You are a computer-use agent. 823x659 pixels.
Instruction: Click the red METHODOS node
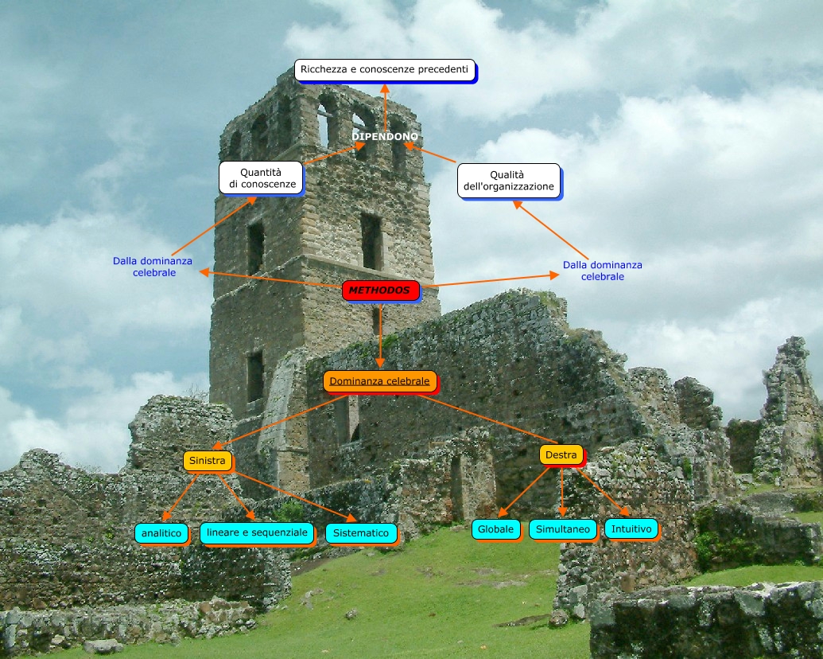coord(380,291)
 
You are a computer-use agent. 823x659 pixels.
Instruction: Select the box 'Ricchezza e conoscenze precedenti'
coord(385,70)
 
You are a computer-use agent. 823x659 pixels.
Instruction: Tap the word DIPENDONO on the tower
coord(385,137)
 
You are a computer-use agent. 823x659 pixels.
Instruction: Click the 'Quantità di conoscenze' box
coord(260,177)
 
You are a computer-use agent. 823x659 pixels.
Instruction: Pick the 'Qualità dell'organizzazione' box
coord(508,180)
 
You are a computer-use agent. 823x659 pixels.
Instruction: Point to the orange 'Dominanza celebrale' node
coord(379,381)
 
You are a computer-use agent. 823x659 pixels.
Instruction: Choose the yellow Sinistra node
coord(208,461)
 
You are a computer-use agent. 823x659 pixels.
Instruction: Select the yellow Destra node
coord(561,455)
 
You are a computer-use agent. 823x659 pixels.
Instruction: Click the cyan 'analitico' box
coord(161,532)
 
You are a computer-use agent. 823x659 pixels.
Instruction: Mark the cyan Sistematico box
coord(361,533)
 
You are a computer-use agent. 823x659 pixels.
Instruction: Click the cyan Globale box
coord(495,528)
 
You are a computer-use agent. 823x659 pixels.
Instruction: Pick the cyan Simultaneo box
coord(562,529)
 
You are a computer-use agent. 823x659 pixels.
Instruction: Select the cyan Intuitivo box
coord(631,528)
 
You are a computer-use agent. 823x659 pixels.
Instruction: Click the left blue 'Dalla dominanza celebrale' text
coord(152,266)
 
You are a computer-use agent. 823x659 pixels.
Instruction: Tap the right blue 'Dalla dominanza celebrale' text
coord(602,271)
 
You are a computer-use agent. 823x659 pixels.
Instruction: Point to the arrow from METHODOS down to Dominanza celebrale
coord(381,334)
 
